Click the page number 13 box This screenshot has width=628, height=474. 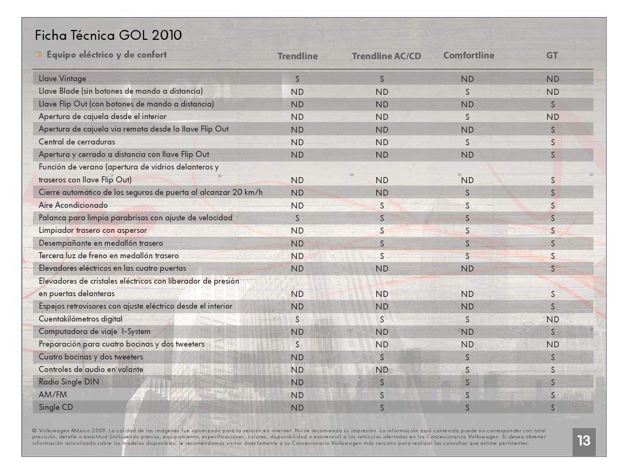tap(584, 441)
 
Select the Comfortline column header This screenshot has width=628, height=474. tap(469, 55)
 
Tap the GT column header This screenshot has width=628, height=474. tap(552, 55)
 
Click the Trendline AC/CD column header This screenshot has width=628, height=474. tap(386, 56)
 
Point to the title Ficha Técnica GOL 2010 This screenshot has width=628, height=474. tap(108, 35)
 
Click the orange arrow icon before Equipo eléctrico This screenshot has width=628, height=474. tap(39, 55)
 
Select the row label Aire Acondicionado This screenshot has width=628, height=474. tap(73, 205)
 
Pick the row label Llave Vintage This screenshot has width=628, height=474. tap(62, 78)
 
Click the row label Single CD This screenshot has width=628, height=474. tap(56, 407)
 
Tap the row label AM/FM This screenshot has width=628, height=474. tap(53, 395)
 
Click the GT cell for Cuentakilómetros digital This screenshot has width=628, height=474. tap(552, 319)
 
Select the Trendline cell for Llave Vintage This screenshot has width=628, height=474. tap(297, 79)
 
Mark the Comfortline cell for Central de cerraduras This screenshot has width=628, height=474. tap(467, 142)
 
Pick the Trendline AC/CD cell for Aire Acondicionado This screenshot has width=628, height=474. tap(382, 206)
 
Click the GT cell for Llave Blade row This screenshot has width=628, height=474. tap(552, 92)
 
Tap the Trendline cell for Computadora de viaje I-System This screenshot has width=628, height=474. tap(297, 332)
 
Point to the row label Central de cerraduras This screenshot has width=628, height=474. tap(77, 142)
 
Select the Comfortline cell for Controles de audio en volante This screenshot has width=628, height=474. tap(467, 370)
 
